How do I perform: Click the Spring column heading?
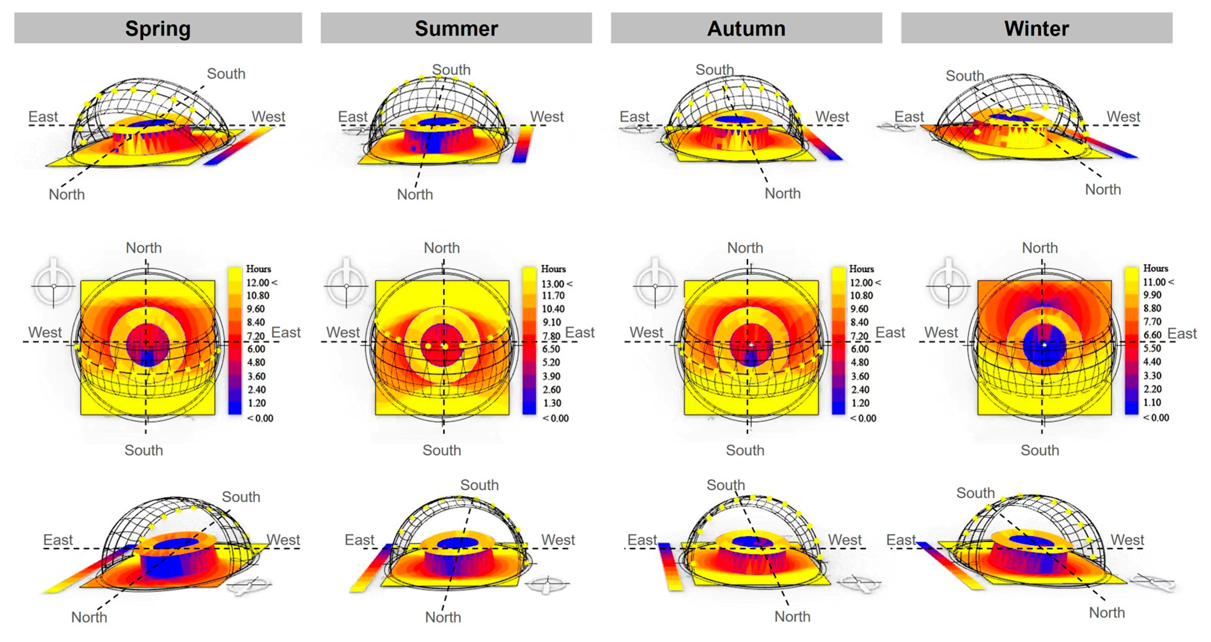(158, 29)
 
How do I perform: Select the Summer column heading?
(456, 29)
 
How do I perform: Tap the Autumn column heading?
(746, 29)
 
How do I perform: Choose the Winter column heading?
(1037, 29)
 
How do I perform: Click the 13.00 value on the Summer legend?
(553, 283)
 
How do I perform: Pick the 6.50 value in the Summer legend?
(551, 349)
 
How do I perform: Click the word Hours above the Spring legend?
(259, 269)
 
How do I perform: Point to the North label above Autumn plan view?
(745, 248)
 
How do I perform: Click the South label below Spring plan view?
(144, 450)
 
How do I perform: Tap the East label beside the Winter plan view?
(1182, 333)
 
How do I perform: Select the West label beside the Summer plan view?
(343, 332)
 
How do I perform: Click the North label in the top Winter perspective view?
(1103, 189)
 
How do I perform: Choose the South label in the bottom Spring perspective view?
(241, 497)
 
